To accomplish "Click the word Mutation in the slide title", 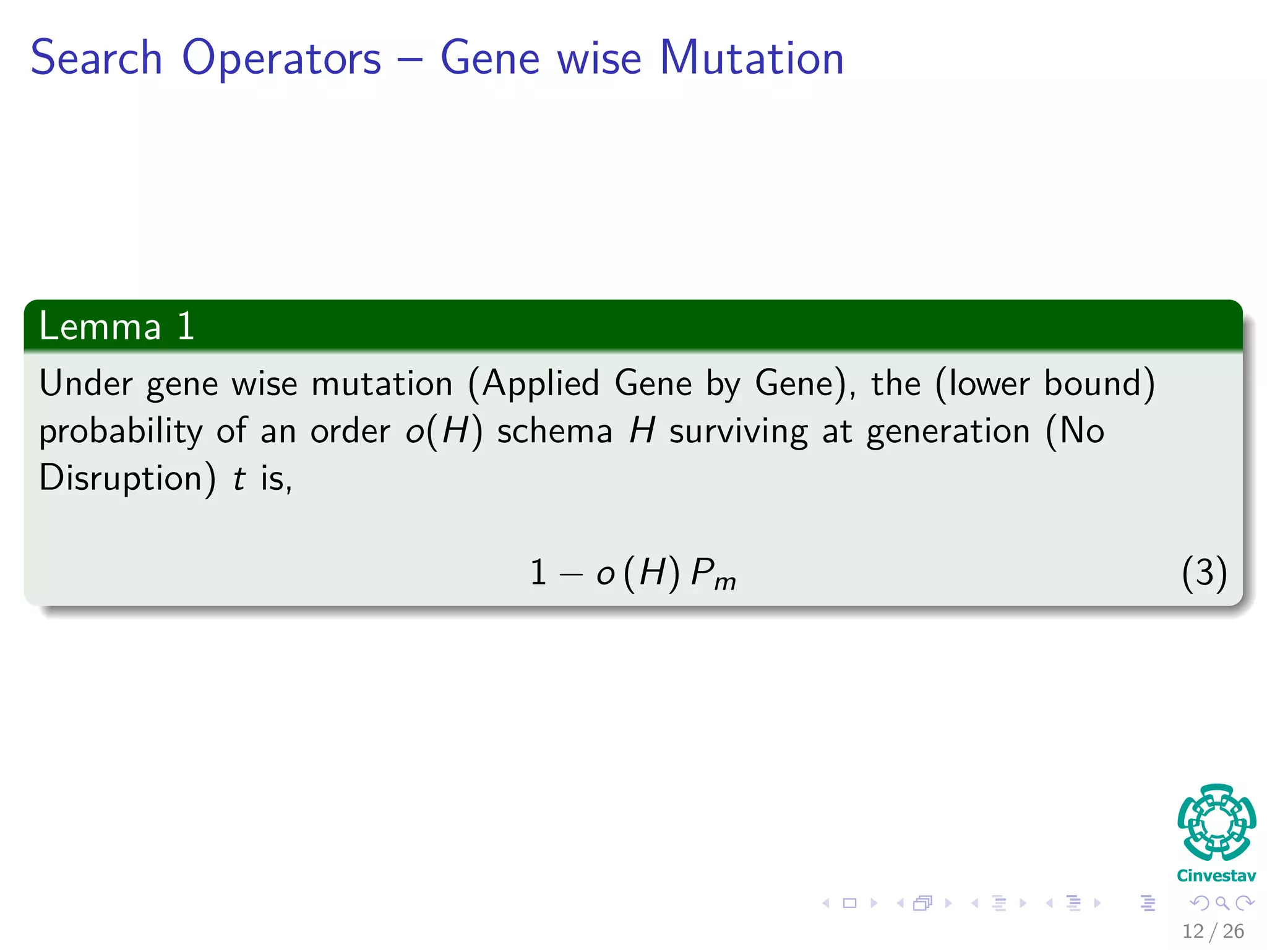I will pos(751,58).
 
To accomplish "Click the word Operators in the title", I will pos(281,59).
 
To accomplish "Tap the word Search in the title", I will pos(97,58).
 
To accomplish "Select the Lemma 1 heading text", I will pos(116,326).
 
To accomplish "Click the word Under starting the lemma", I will pos(85,383).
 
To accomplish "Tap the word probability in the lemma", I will pos(120,432).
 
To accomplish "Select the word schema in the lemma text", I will pos(554,431).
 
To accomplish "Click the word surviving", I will pos(738,432).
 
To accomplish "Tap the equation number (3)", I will pos(1203,573).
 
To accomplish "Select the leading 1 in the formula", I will pos(538,573).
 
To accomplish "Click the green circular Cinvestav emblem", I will pos(1216,822).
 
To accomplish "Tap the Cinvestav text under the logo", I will pos(1216,876).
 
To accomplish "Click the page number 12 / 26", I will pos(1213,931).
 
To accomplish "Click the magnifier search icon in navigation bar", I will pos(1222,904).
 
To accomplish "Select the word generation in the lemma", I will pos(948,432).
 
